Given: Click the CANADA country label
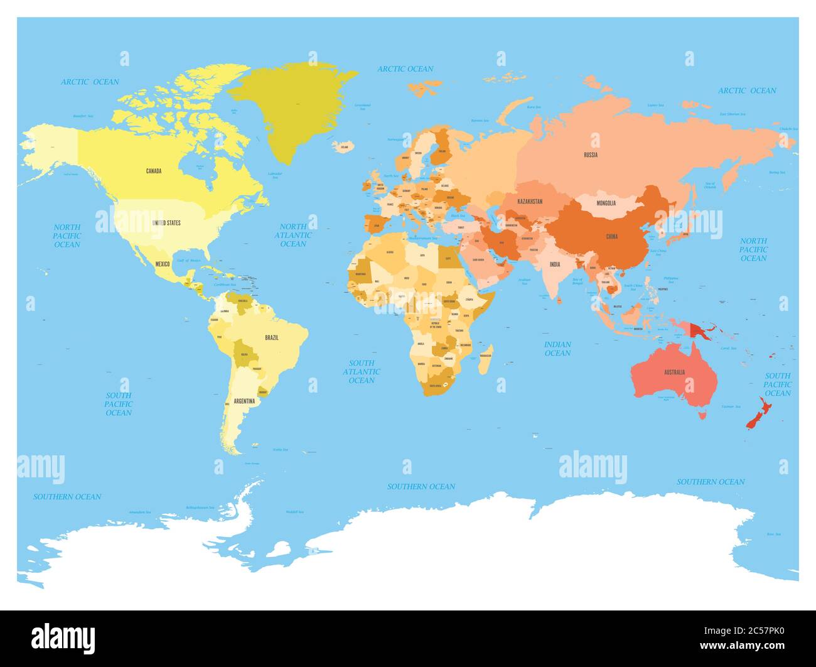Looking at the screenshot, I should tap(154, 171).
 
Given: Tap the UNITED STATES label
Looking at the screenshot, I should tap(166, 223).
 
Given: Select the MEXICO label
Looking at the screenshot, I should tap(163, 264).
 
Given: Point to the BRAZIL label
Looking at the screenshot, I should tap(272, 338).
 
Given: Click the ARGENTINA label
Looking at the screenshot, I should tap(244, 401).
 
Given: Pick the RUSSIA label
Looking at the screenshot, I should tap(590, 155).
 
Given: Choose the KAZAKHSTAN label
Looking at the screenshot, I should tap(530, 202).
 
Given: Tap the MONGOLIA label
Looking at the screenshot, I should tap(606, 203).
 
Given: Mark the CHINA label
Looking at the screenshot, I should tap(611, 237).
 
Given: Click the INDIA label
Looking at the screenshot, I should tap(555, 264).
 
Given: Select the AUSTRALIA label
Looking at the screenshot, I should tap(674, 372).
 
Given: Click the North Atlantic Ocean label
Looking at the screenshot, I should tap(293, 235).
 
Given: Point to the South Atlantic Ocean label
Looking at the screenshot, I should tap(362, 371).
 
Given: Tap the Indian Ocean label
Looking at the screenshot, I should tap(557, 349).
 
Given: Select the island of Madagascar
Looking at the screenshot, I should tap(486, 358).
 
